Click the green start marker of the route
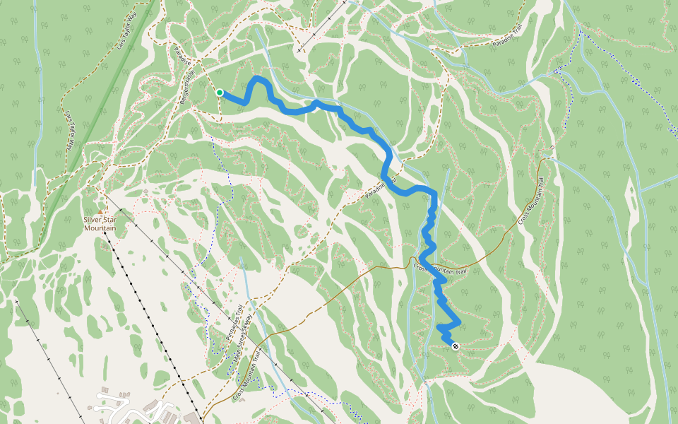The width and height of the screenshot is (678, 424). click(x=220, y=93)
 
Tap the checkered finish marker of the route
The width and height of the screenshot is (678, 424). click(x=456, y=346)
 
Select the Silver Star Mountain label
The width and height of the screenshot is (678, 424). click(x=100, y=224)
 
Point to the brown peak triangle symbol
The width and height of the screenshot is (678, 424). click(x=100, y=211)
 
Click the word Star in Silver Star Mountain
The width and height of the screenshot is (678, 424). click(x=109, y=220)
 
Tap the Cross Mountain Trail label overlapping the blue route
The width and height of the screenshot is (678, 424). click(x=441, y=269)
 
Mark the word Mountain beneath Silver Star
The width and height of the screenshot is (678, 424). click(x=100, y=228)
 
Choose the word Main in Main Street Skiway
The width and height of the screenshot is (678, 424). click(x=235, y=353)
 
